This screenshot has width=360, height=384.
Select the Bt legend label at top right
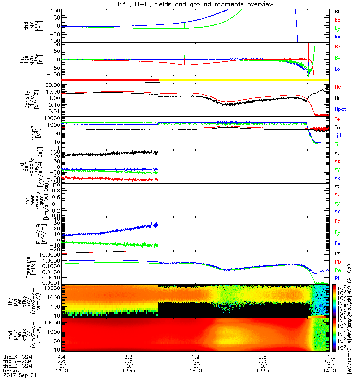[x=337, y=11]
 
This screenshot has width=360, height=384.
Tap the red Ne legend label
[x=338, y=87]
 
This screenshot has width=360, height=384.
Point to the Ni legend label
[x=337, y=98]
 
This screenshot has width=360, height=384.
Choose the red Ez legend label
[x=337, y=221]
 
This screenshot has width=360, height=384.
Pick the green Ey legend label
[x=337, y=232]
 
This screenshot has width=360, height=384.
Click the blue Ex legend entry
[x=337, y=243]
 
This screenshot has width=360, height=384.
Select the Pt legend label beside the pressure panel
[x=337, y=253]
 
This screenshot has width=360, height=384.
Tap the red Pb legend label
[x=337, y=262]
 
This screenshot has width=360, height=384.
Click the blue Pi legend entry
[x=337, y=278]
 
